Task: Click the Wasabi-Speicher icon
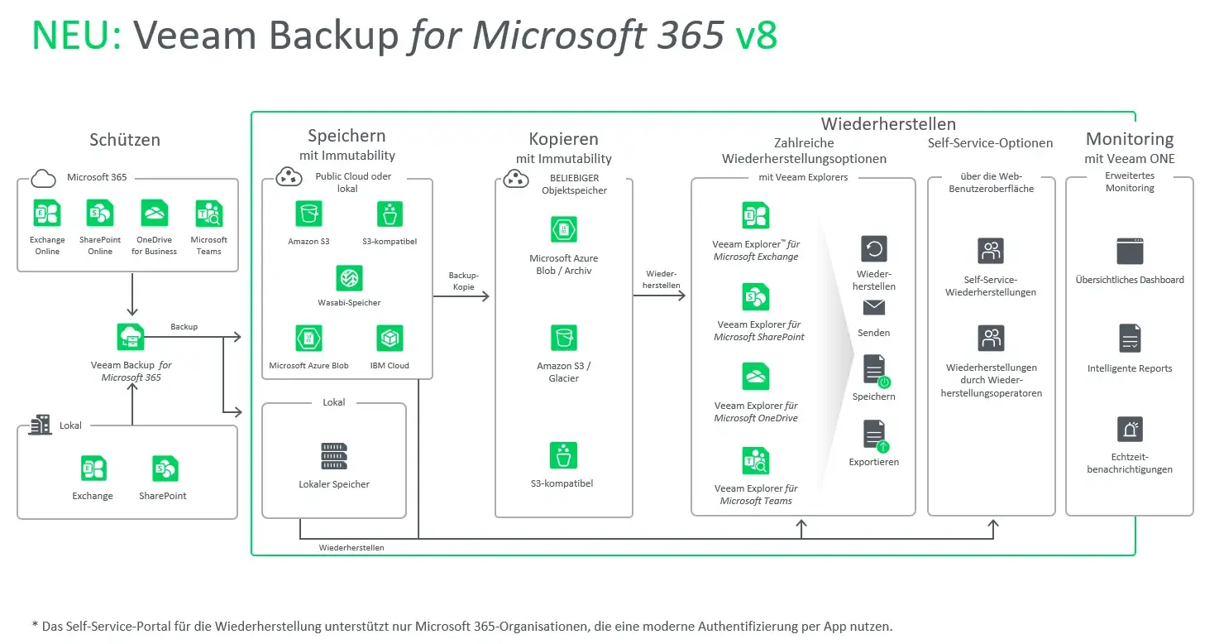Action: (350, 278)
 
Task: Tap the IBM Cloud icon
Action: (390, 339)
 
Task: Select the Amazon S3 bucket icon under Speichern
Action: (308, 214)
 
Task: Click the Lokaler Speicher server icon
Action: (334, 457)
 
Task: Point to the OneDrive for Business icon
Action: (154, 214)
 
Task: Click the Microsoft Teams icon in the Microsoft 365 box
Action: (208, 214)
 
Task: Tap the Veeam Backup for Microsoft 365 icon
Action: (131, 338)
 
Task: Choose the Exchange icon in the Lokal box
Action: (93, 469)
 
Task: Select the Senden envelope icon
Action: (874, 308)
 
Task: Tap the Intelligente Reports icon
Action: (1130, 338)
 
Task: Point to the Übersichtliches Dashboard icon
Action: (1130, 251)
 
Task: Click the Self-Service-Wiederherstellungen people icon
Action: (991, 251)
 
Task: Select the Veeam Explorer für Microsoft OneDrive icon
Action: (756, 377)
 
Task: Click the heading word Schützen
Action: (125, 140)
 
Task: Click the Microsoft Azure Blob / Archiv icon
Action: (564, 229)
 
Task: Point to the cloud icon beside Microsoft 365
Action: (43, 178)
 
